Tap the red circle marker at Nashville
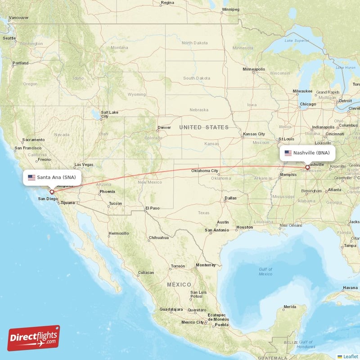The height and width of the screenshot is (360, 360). [x=307, y=167]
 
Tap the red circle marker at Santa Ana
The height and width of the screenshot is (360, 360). [x=52, y=192]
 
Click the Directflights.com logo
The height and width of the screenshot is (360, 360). [x=33, y=338]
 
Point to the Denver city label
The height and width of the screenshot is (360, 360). [x=164, y=127]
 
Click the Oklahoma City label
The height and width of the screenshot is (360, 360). [x=205, y=171]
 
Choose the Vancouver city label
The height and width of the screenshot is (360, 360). [x=18, y=18]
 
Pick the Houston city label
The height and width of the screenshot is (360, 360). [x=244, y=227]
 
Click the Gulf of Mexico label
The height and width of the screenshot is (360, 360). [x=265, y=271]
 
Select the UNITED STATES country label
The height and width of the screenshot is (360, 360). [x=203, y=127]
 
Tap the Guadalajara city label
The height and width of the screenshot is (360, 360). [x=171, y=309]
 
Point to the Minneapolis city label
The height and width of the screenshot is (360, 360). [x=254, y=69]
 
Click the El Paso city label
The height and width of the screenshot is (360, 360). [x=152, y=208]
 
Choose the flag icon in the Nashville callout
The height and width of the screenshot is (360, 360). [x=288, y=153]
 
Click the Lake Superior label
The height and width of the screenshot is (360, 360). [x=295, y=40]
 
